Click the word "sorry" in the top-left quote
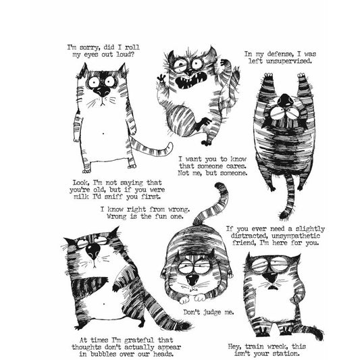coord(95,47)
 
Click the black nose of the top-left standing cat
coord(103,88)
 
